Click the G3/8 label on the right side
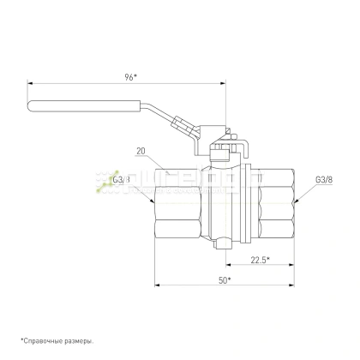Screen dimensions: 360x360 (x=324, y=180)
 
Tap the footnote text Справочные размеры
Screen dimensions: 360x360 (x=57, y=341)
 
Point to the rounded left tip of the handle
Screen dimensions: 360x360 (x=32, y=107)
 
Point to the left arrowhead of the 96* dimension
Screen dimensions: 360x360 (x=32, y=83)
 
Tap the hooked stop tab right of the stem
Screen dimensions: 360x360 (x=243, y=151)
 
